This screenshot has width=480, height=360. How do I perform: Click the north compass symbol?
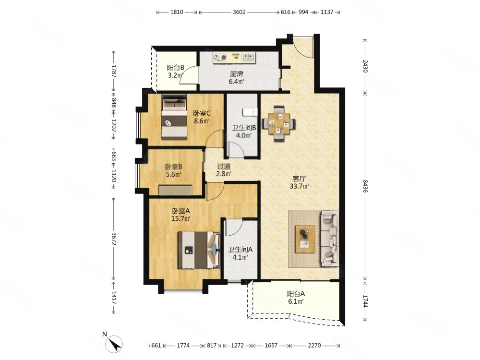click(x=114, y=344)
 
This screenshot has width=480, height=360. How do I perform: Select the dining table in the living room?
click(x=279, y=123)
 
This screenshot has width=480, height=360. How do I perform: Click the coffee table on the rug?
click(x=305, y=239)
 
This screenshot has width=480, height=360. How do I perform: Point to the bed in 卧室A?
click(x=199, y=250)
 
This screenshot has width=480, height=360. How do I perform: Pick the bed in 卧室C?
click(x=174, y=117)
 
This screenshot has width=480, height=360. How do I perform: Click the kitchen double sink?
click(x=248, y=57)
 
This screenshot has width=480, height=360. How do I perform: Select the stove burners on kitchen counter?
click(x=220, y=57)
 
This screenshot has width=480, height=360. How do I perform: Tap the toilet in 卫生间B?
click(x=250, y=112)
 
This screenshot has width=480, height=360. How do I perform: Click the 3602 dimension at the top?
click(x=239, y=12)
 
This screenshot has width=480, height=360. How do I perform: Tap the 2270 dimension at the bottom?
click(x=314, y=345)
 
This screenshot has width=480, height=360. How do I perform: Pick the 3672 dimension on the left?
click(x=114, y=239)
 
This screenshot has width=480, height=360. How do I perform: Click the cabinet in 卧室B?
click(x=176, y=190)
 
